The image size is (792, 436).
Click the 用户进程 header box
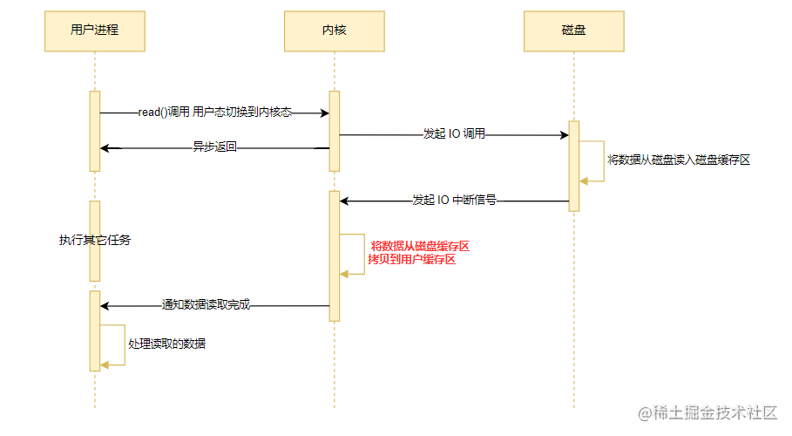(95, 31)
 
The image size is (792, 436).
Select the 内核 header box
(335, 31)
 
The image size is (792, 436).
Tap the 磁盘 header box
(574, 31)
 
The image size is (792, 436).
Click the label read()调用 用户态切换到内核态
(214, 112)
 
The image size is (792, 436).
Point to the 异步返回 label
(214, 147)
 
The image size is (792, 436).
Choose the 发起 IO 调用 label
(454, 134)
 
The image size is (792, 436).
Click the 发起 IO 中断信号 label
(454, 201)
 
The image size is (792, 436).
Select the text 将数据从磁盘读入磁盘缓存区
(679, 160)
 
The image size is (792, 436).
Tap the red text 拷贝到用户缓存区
(411, 260)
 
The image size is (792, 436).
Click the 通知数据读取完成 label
(206, 304)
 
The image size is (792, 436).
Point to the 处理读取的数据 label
(166, 344)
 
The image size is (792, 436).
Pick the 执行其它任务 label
(95, 241)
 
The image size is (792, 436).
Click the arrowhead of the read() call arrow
(325, 112)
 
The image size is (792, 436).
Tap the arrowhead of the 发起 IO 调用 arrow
(565, 135)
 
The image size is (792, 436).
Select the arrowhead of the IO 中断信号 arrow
(344, 201)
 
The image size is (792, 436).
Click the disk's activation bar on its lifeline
(574, 166)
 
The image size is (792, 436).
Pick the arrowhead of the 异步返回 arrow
(105, 148)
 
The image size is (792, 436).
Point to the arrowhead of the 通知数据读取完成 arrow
(105, 306)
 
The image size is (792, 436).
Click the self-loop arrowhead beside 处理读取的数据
(105, 365)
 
